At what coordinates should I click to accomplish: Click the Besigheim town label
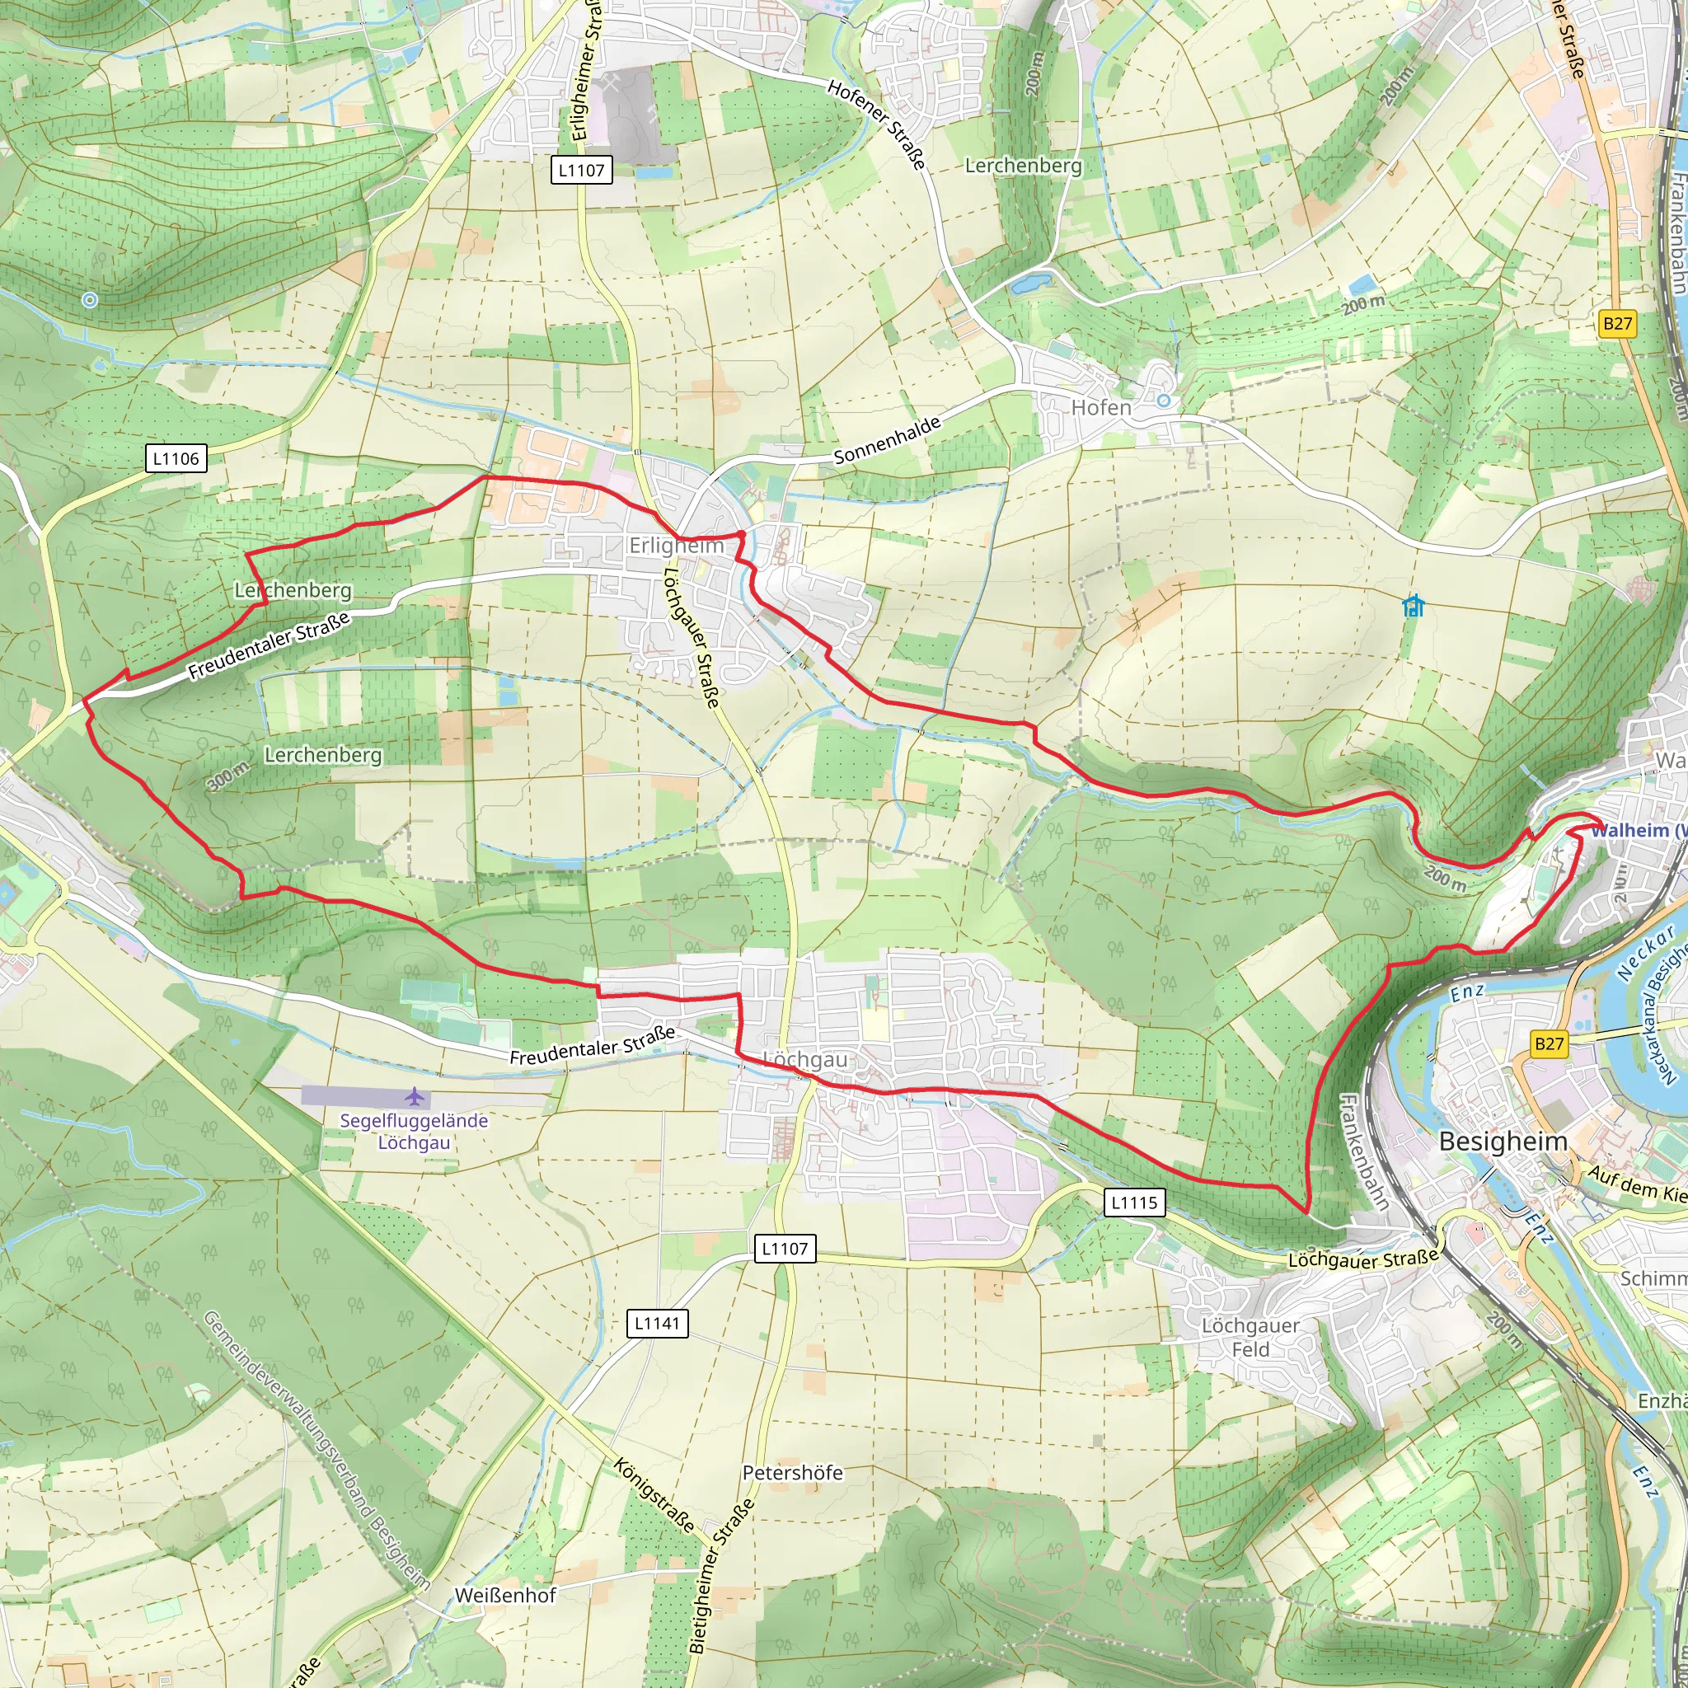(x=1503, y=1141)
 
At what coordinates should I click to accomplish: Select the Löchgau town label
(x=805, y=1060)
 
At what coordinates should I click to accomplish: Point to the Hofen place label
(x=1101, y=407)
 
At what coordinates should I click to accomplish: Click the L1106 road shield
(x=176, y=459)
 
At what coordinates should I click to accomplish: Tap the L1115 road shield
(x=1133, y=1203)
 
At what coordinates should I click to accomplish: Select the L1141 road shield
(x=657, y=1323)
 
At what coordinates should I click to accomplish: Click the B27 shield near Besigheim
(x=1548, y=1043)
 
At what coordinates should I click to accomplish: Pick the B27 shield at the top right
(x=1616, y=323)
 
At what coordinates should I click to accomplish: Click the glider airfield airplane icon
(x=414, y=1095)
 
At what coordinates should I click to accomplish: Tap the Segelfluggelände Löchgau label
(x=414, y=1132)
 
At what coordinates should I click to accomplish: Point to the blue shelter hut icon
(x=1413, y=606)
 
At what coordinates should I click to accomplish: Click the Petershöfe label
(x=792, y=1472)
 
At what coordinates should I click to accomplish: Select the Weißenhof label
(x=505, y=1596)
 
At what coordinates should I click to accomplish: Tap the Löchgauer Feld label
(x=1250, y=1337)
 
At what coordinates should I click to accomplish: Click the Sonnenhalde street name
(x=887, y=439)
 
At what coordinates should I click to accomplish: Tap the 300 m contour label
(x=229, y=775)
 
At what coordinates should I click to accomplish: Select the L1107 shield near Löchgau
(x=785, y=1248)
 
